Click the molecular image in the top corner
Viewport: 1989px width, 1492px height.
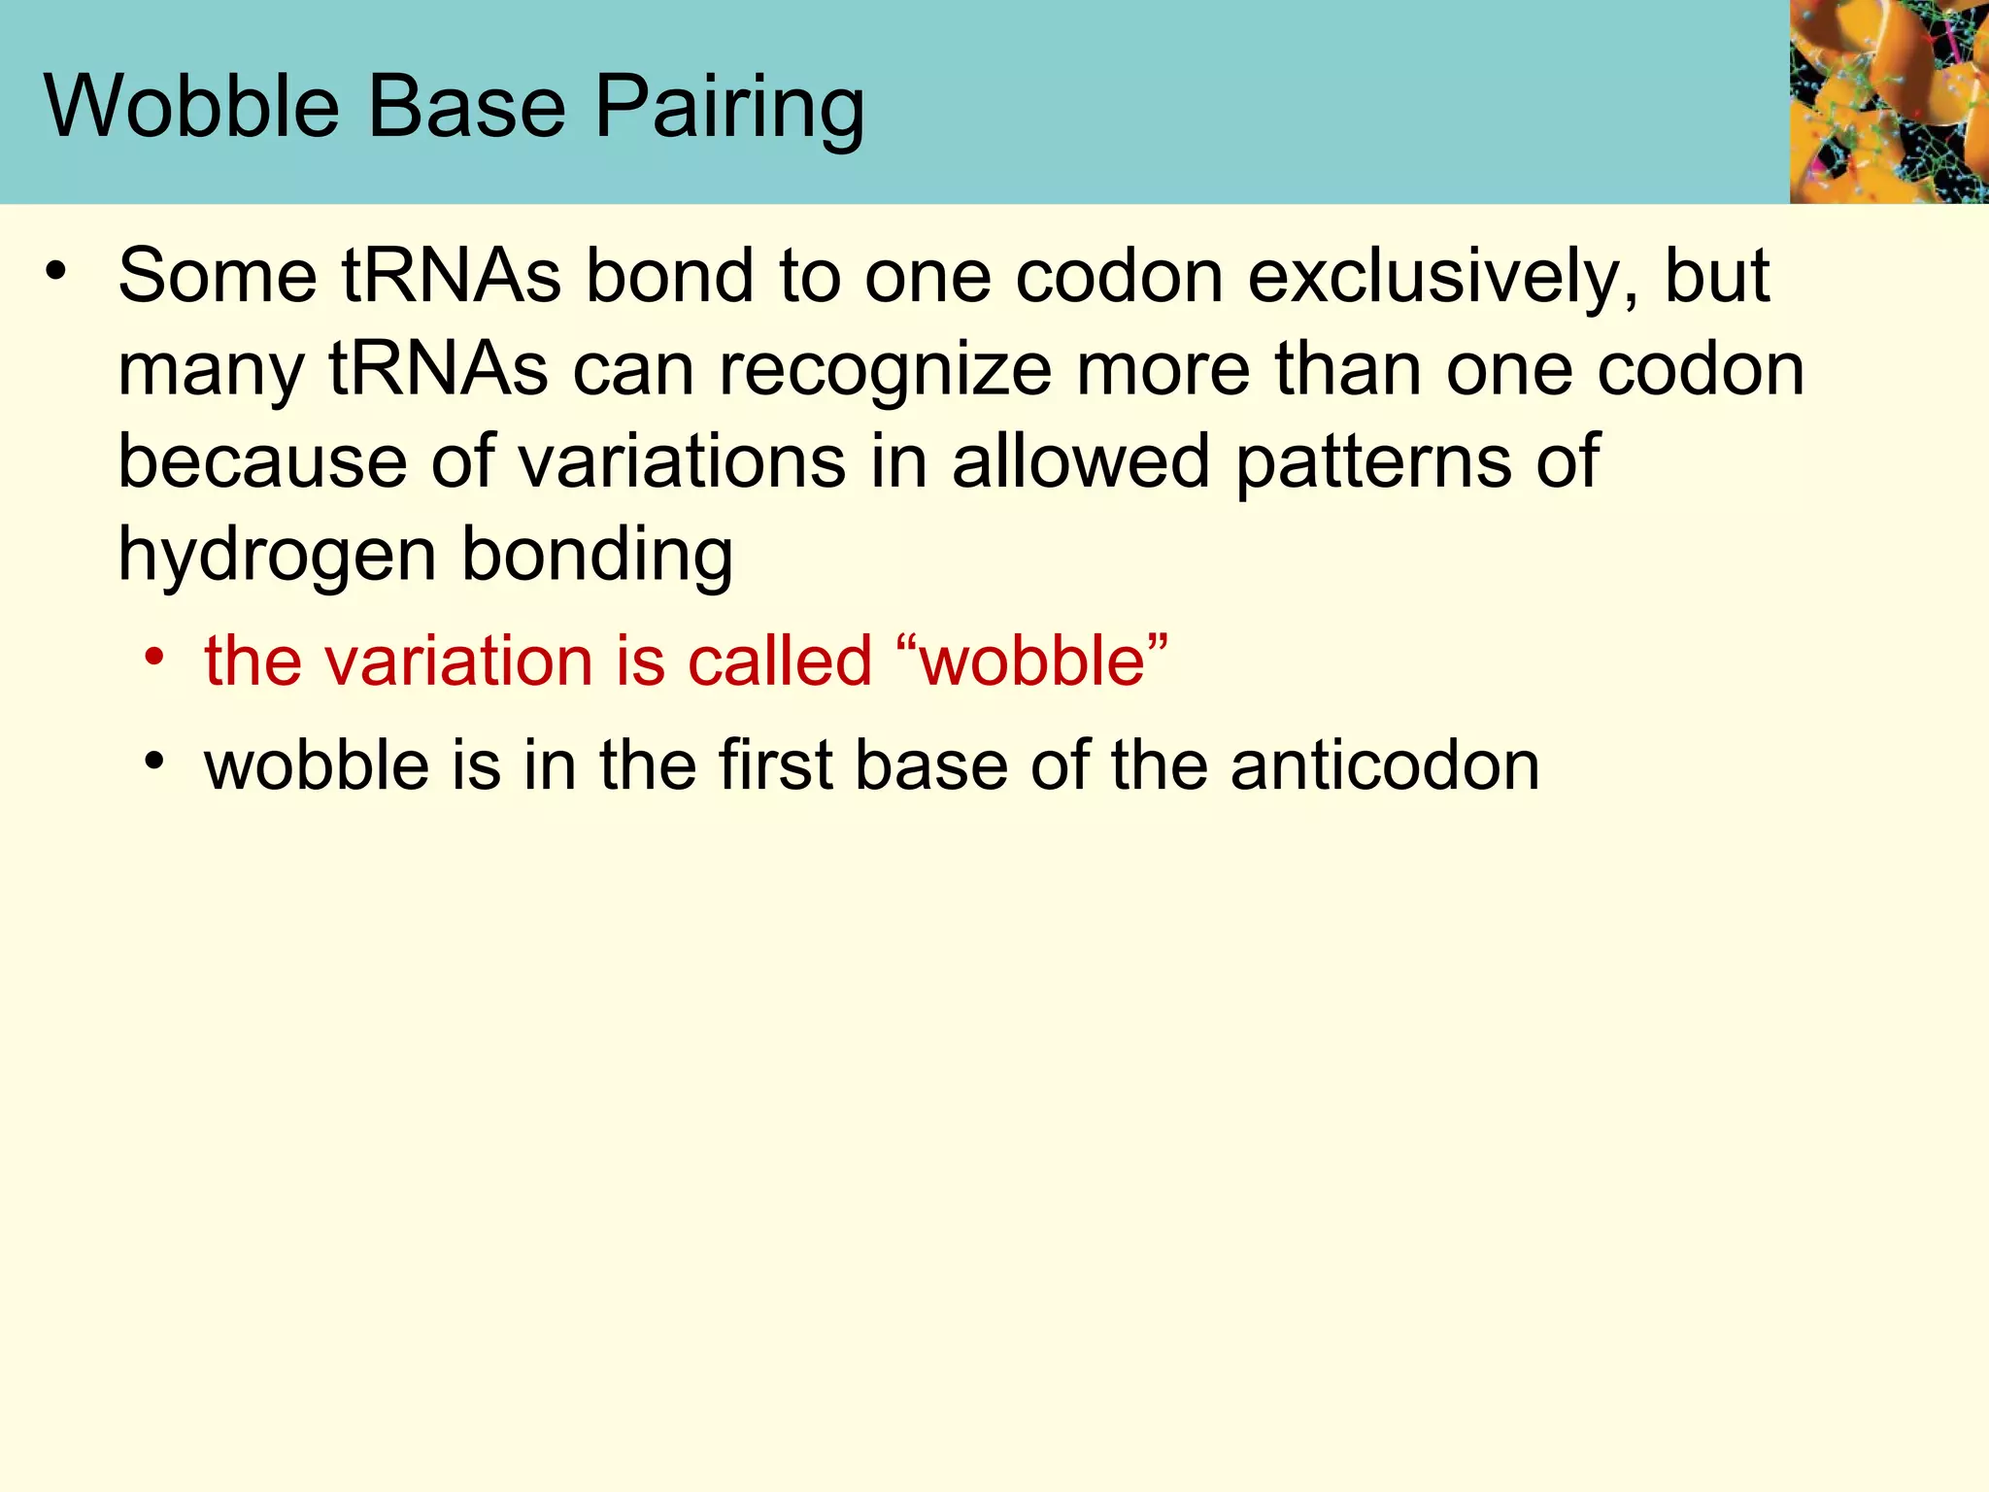pos(1888,101)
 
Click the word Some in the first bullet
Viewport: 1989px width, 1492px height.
pos(218,276)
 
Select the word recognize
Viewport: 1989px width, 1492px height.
pos(885,371)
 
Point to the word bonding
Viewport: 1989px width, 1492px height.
pos(596,556)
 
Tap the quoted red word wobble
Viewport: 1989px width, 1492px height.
pos(1033,661)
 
